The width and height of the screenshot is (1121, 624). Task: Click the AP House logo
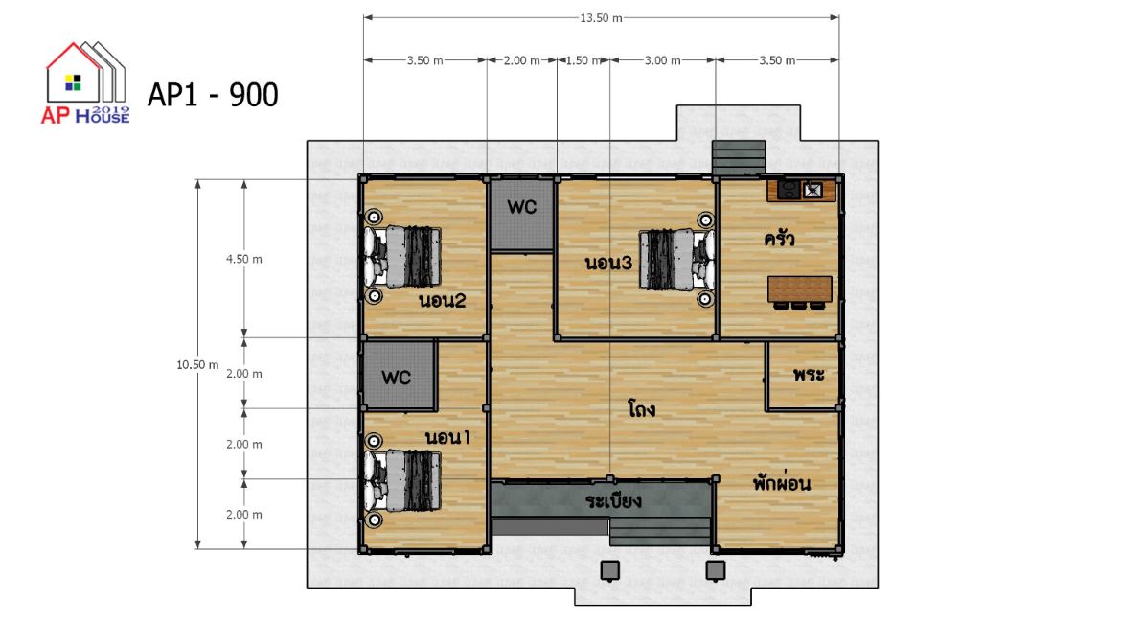(x=86, y=83)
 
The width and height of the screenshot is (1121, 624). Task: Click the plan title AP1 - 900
(x=213, y=95)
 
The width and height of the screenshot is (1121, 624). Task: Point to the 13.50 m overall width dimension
(x=601, y=18)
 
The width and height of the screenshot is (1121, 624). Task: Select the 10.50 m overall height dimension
(x=197, y=365)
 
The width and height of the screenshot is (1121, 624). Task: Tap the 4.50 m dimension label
(x=243, y=259)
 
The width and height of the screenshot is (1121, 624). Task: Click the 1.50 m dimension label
(x=583, y=60)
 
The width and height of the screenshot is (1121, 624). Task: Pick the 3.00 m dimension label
(x=663, y=60)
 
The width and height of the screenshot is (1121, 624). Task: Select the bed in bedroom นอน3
(x=675, y=260)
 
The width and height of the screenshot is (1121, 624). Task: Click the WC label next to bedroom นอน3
(x=522, y=208)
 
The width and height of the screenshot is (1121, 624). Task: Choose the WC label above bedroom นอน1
(x=396, y=377)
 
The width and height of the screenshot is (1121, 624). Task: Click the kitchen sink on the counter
(x=812, y=191)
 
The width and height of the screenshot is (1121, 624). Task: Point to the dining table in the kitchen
(x=800, y=289)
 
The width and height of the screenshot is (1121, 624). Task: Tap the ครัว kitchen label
(x=779, y=239)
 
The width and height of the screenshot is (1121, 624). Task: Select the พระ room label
(x=809, y=374)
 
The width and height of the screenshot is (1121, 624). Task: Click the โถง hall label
(x=641, y=409)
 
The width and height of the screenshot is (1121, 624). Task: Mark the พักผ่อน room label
(x=782, y=483)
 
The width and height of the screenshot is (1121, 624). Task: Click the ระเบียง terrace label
(x=613, y=500)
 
